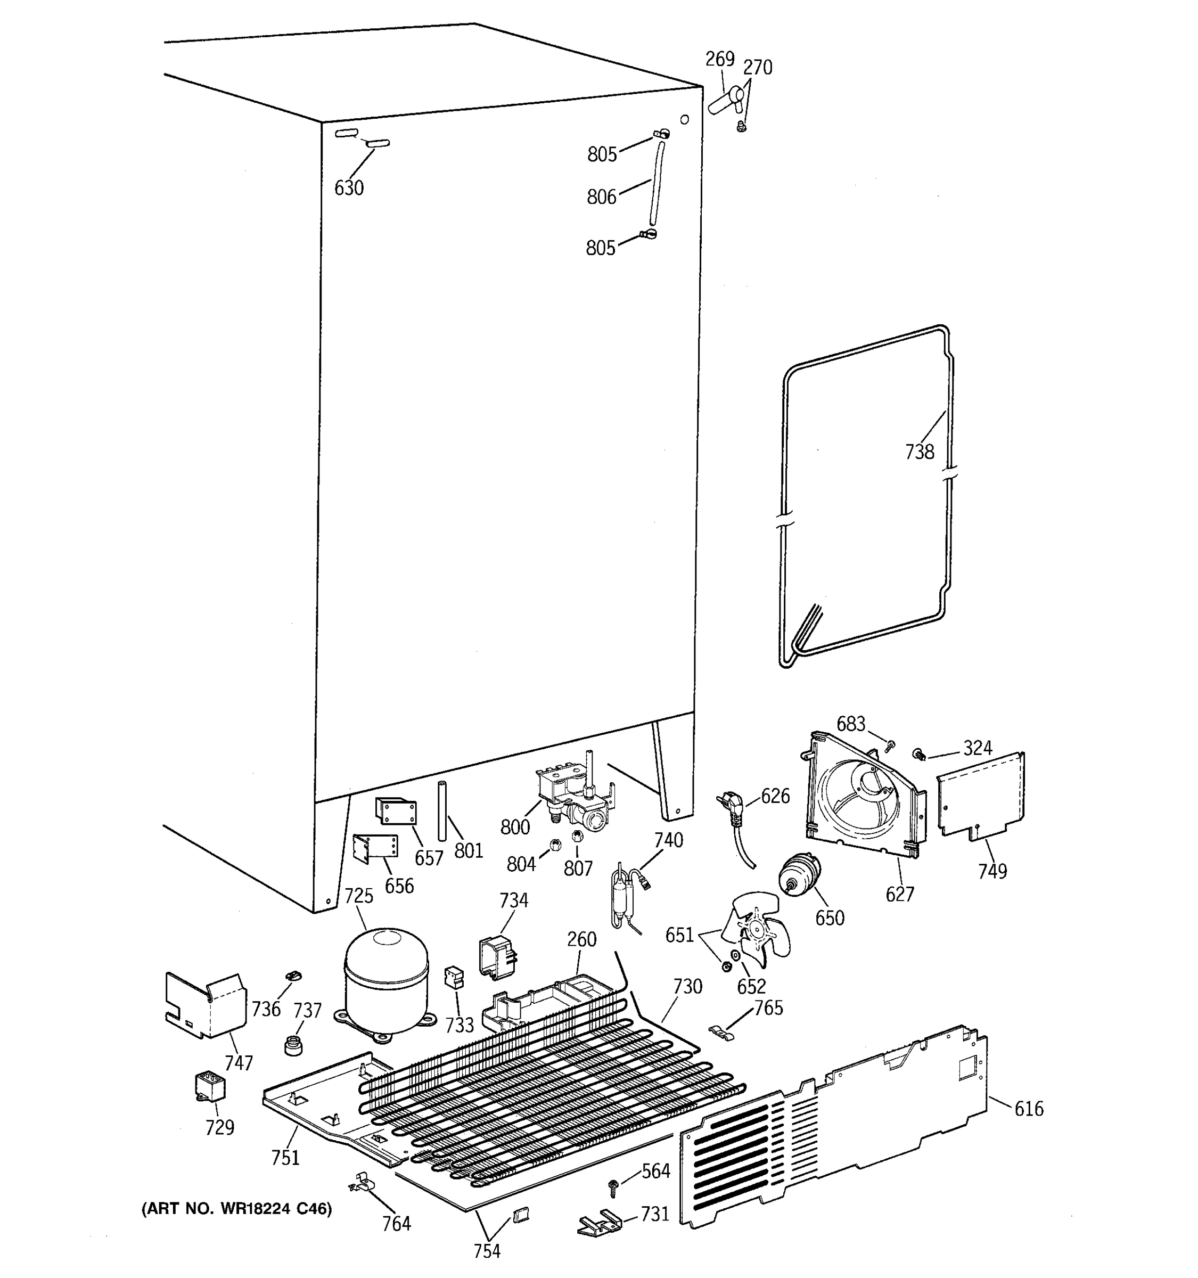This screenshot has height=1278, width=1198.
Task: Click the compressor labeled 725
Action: coord(385,980)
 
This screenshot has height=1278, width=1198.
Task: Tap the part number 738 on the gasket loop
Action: coord(918,452)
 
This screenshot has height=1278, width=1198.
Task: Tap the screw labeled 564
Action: coord(612,1185)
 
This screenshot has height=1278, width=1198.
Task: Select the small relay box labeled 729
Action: coord(210,1085)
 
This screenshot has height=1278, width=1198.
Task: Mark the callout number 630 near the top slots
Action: coord(349,188)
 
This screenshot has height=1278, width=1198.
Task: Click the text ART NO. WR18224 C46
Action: coord(236,1209)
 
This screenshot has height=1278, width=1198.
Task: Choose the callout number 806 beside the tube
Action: coord(601,196)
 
